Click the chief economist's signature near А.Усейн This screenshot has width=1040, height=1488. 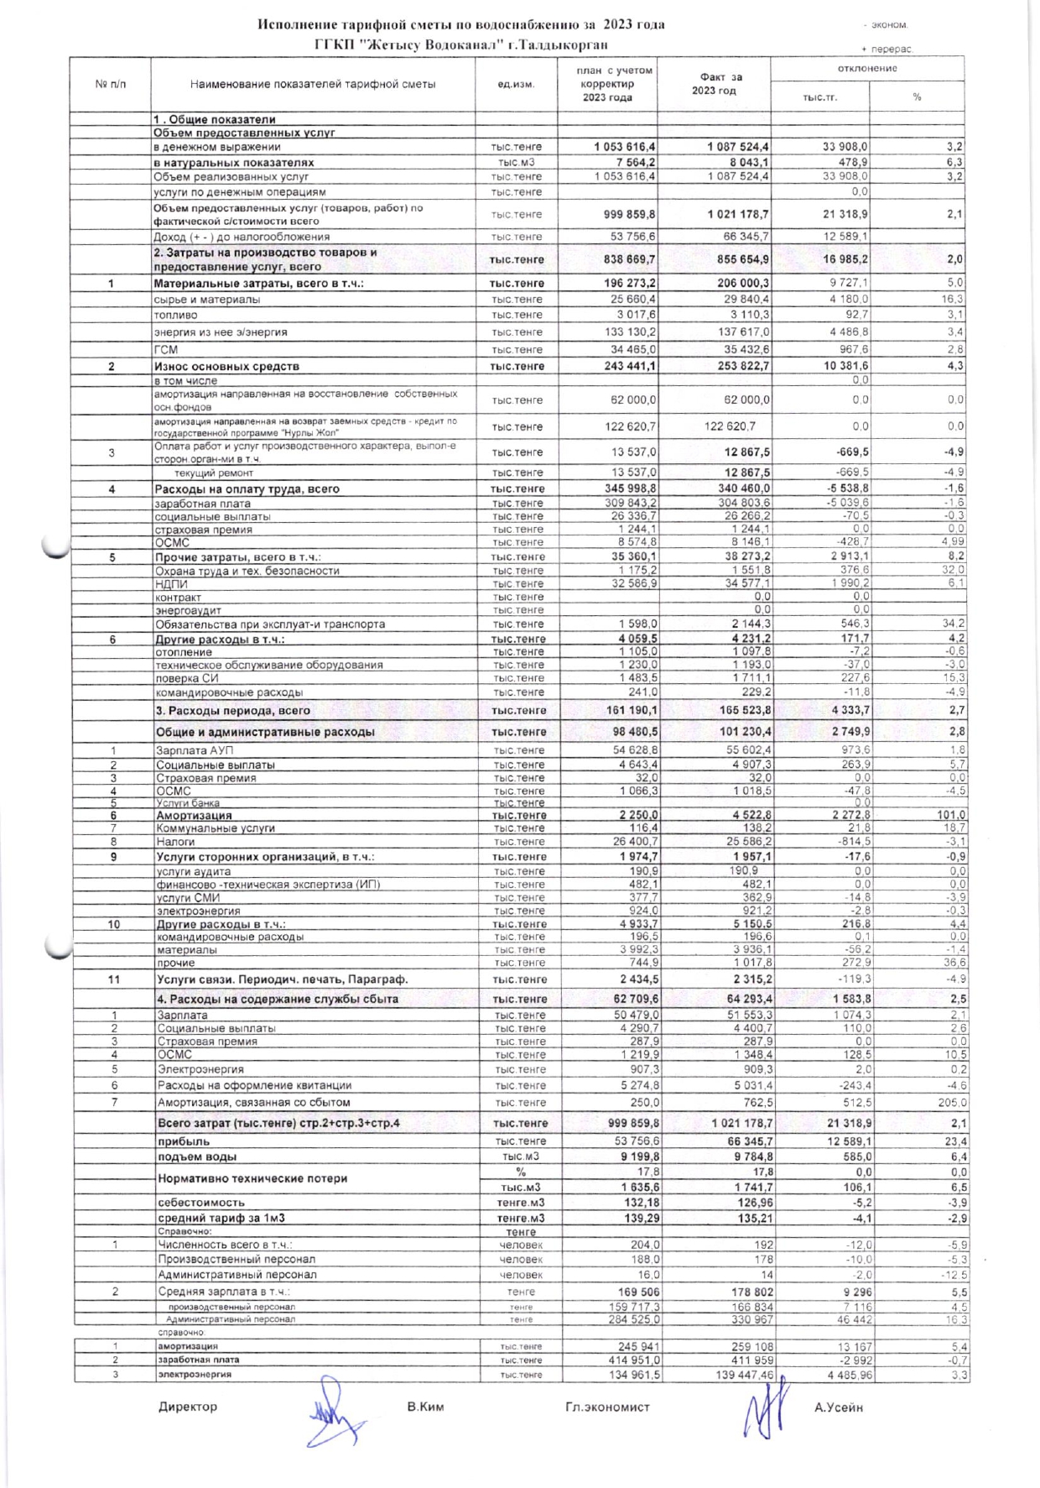coord(765,1409)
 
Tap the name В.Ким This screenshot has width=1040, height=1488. coord(425,1407)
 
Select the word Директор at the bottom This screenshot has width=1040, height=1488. coord(188,1407)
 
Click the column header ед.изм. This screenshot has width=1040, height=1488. coord(516,84)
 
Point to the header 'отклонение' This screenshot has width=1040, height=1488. coord(867,68)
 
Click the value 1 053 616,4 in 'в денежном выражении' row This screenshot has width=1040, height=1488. coord(625,147)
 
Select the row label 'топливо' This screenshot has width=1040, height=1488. coord(175,316)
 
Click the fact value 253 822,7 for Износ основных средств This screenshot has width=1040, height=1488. coord(731,367)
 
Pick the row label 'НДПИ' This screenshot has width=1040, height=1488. coord(171,584)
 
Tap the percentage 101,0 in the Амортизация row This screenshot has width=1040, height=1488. coord(951,815)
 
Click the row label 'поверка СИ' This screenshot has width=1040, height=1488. coord(187,678)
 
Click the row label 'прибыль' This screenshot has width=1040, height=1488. coord(184,1141)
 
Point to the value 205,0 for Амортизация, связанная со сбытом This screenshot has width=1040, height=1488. coord(952,1103)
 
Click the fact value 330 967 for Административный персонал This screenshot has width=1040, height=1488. coord(752,1319)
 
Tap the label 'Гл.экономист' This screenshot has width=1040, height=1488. coord(607,1407)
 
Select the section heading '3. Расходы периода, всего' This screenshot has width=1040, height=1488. coord(232,711)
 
